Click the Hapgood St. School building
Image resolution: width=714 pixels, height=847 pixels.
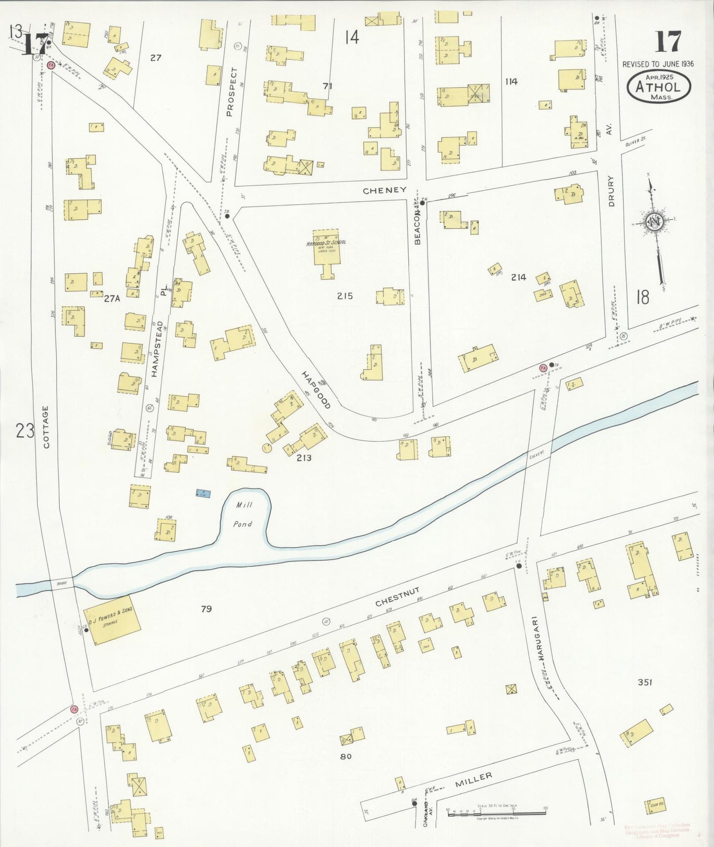326,247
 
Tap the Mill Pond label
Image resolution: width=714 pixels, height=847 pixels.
243,514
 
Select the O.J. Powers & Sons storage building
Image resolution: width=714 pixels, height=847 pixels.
112,620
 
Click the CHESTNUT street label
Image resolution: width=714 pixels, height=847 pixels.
397,597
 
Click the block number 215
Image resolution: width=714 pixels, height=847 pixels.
344,296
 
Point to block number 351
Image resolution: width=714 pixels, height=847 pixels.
644,682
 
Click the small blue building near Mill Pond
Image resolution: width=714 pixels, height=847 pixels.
203,493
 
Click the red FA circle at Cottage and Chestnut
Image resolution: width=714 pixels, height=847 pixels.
75,709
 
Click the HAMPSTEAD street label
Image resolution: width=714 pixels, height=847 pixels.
157,349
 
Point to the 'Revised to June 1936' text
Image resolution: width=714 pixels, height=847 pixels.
658,64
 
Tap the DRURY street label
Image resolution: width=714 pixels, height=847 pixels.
611,191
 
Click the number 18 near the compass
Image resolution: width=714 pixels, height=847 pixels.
642,297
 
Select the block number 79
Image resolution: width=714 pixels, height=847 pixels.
206,609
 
